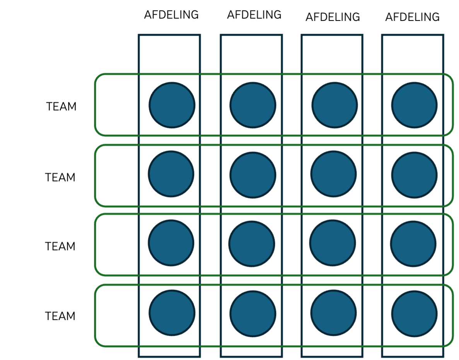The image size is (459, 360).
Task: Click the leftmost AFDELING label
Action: (171, 15)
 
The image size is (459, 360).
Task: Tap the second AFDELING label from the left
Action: (254, 15)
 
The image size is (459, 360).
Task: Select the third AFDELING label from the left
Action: (333, 17)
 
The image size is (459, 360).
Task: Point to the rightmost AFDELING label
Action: (412, 17)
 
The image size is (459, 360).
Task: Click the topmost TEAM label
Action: (61, 106)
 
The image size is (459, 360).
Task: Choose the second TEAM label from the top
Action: (60, 177)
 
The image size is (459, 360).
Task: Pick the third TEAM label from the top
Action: (60, 246)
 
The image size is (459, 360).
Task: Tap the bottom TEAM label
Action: (60, 316)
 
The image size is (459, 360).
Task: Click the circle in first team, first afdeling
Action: (172, 105)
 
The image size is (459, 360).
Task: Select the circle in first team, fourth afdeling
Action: (415, 105)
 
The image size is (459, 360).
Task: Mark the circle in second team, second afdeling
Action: (253, 175)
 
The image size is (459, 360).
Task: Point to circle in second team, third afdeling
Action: (334, 174)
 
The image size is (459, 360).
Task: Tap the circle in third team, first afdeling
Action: (171, 243)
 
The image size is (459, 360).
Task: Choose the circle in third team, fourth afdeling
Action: (413, 244)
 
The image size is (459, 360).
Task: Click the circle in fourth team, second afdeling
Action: (253, 314)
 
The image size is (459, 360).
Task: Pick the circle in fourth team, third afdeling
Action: (334, 313)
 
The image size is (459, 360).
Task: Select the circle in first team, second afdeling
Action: (253, 105)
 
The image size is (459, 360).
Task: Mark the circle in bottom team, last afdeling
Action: (415, 314)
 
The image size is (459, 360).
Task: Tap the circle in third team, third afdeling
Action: (333, 243)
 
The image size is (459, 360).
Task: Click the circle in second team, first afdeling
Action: (171, 174)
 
